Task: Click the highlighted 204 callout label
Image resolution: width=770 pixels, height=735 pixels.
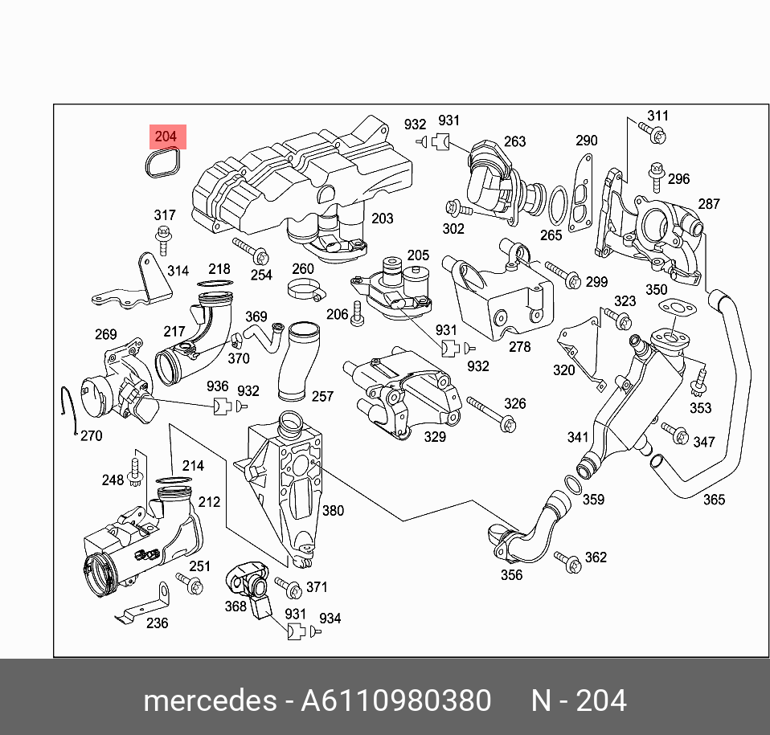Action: pos(166,137)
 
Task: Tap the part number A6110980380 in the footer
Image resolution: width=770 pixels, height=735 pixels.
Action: pos(395,701)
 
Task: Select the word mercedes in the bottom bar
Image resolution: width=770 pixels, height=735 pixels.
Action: pos(209,701)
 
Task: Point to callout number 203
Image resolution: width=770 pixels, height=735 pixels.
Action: pos(383,218)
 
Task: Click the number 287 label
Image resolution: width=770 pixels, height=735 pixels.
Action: pos(709,204)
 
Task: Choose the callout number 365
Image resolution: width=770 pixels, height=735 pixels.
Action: pos(714,500)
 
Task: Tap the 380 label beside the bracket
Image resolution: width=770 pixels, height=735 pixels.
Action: pos(333,510)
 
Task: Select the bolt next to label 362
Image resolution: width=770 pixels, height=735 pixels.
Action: pos(568,563)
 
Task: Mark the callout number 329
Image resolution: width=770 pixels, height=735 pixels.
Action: pos(434,436)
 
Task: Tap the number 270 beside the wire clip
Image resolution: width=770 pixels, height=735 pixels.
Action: pos(92,436)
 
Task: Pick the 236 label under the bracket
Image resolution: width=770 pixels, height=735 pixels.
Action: pos(158,623)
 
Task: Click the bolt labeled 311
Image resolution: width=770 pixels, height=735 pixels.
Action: pos(653,133)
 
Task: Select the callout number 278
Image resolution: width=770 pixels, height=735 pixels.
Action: pos(520,347)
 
